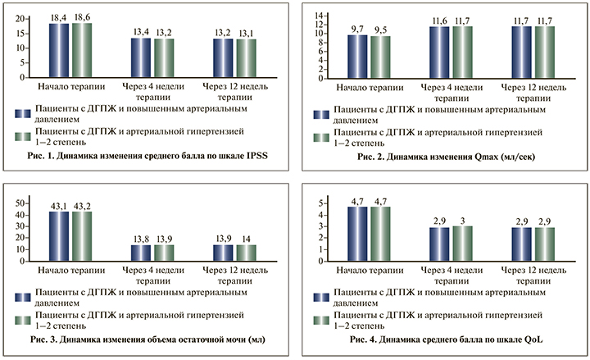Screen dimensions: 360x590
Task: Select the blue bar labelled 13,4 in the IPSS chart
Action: (x=140, y=57)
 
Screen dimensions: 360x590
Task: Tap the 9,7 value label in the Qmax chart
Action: (x=357, y=27)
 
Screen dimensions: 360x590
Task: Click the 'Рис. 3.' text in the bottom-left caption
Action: (x=40, y=338)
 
